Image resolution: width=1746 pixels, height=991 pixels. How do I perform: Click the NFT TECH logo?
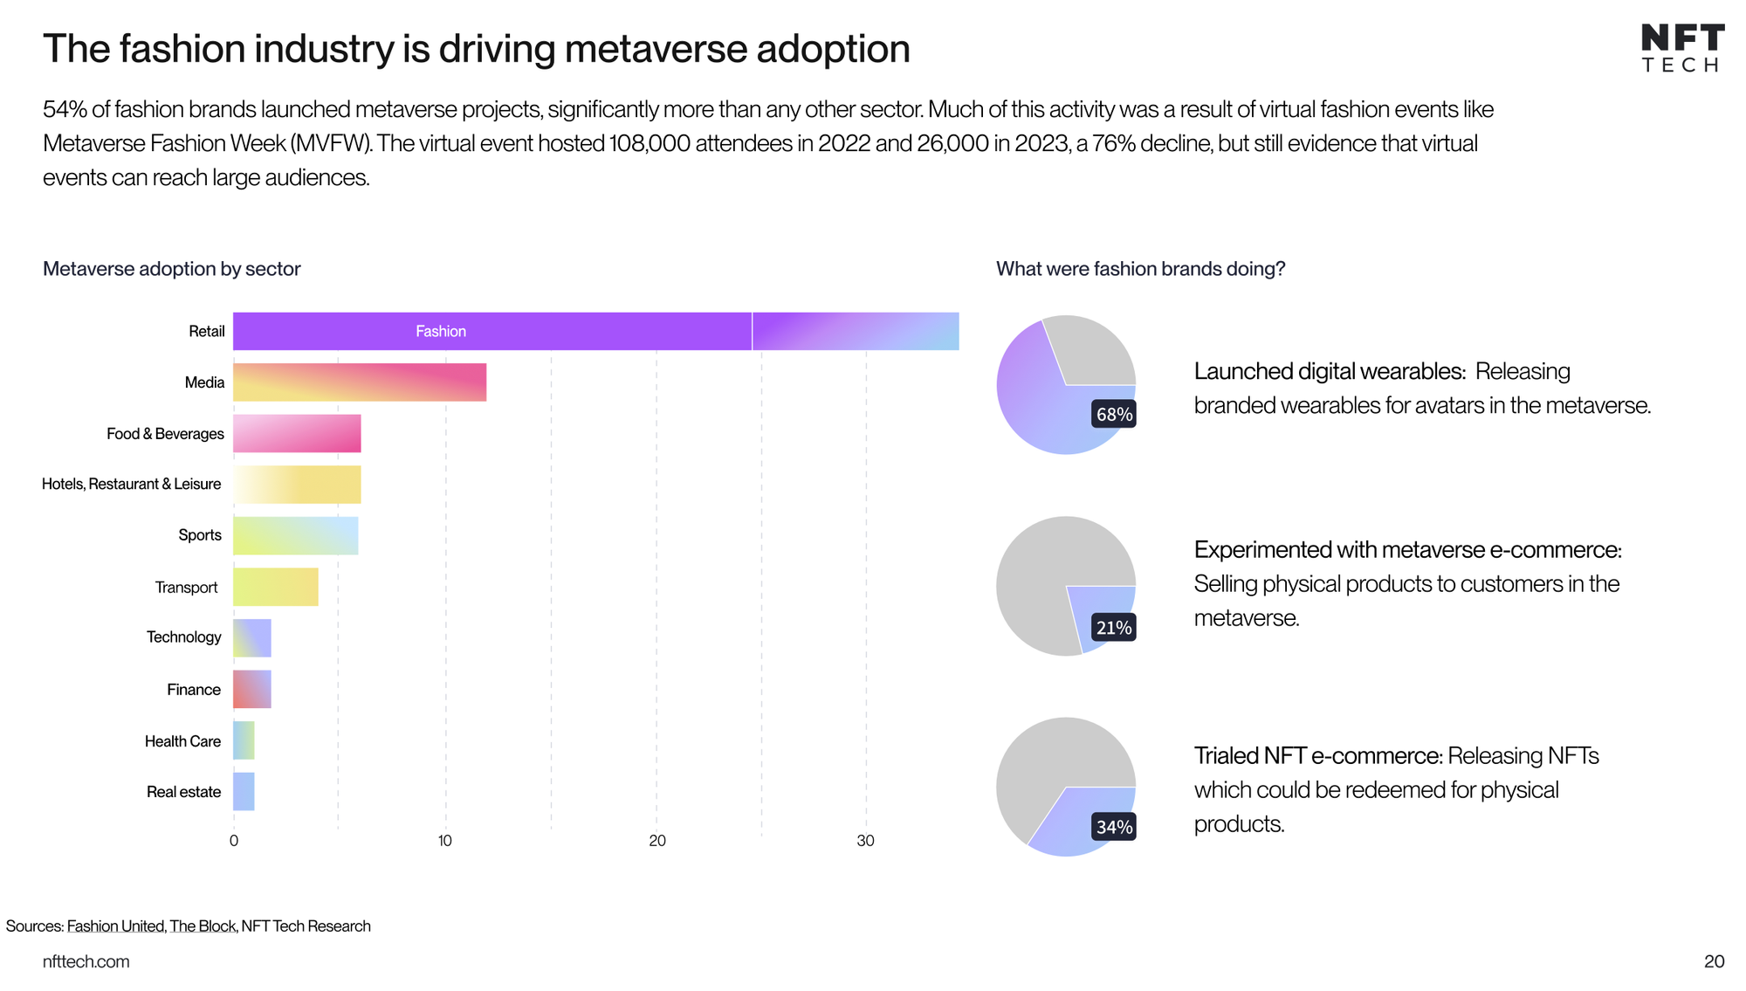pyautogui.click(x=1681, y=49)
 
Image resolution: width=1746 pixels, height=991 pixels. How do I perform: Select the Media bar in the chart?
pyautogui.click(x=359, y=382)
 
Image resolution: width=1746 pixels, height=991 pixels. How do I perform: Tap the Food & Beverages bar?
pyautogui.click(x=297, y=434)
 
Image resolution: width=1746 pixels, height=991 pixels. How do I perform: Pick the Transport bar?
pyautogui.click(x=275, y=587)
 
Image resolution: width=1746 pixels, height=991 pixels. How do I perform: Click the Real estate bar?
pyautogui.click(x=244, y=792)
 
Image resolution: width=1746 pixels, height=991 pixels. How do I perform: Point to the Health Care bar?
pyautogui.click(x=244, y=740)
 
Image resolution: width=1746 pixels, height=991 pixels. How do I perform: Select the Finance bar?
pyautogui.click(x=251, y=689)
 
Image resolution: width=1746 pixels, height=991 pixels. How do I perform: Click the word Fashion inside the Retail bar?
pyautogui.click(x=441, y=332)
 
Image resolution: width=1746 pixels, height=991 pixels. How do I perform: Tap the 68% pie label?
pyautogui.click(x=1114, y=415)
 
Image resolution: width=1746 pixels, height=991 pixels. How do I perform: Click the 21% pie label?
pyautogui.click(x=1114, y=628)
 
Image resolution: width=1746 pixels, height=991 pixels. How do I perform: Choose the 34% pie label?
pyautogui.click(x=1114, y=827)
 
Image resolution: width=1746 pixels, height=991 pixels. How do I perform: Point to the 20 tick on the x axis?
pyautogui.click(x=657, y=841)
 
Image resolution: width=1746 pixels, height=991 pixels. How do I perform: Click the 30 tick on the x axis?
pyautogui.click(x=865, y=841)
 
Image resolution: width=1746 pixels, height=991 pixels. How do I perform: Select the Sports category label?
pyautogui.click(x=200, y=535)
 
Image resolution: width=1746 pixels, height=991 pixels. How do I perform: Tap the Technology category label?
pyautogui.click(x=183, y=637)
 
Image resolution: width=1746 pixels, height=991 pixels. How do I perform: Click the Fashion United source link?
pyautogui.click(x=115, y=926)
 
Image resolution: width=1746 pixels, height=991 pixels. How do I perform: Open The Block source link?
pyautogui.click(x=203, y=926)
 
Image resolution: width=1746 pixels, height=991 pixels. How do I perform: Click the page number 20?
pyautogui.click(x=1714, y=961)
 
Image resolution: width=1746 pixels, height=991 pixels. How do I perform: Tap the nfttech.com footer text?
pyautogui.click(x=86, y=961)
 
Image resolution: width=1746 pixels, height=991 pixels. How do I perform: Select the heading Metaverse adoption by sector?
pyautogui.click(x=172, y=269)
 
